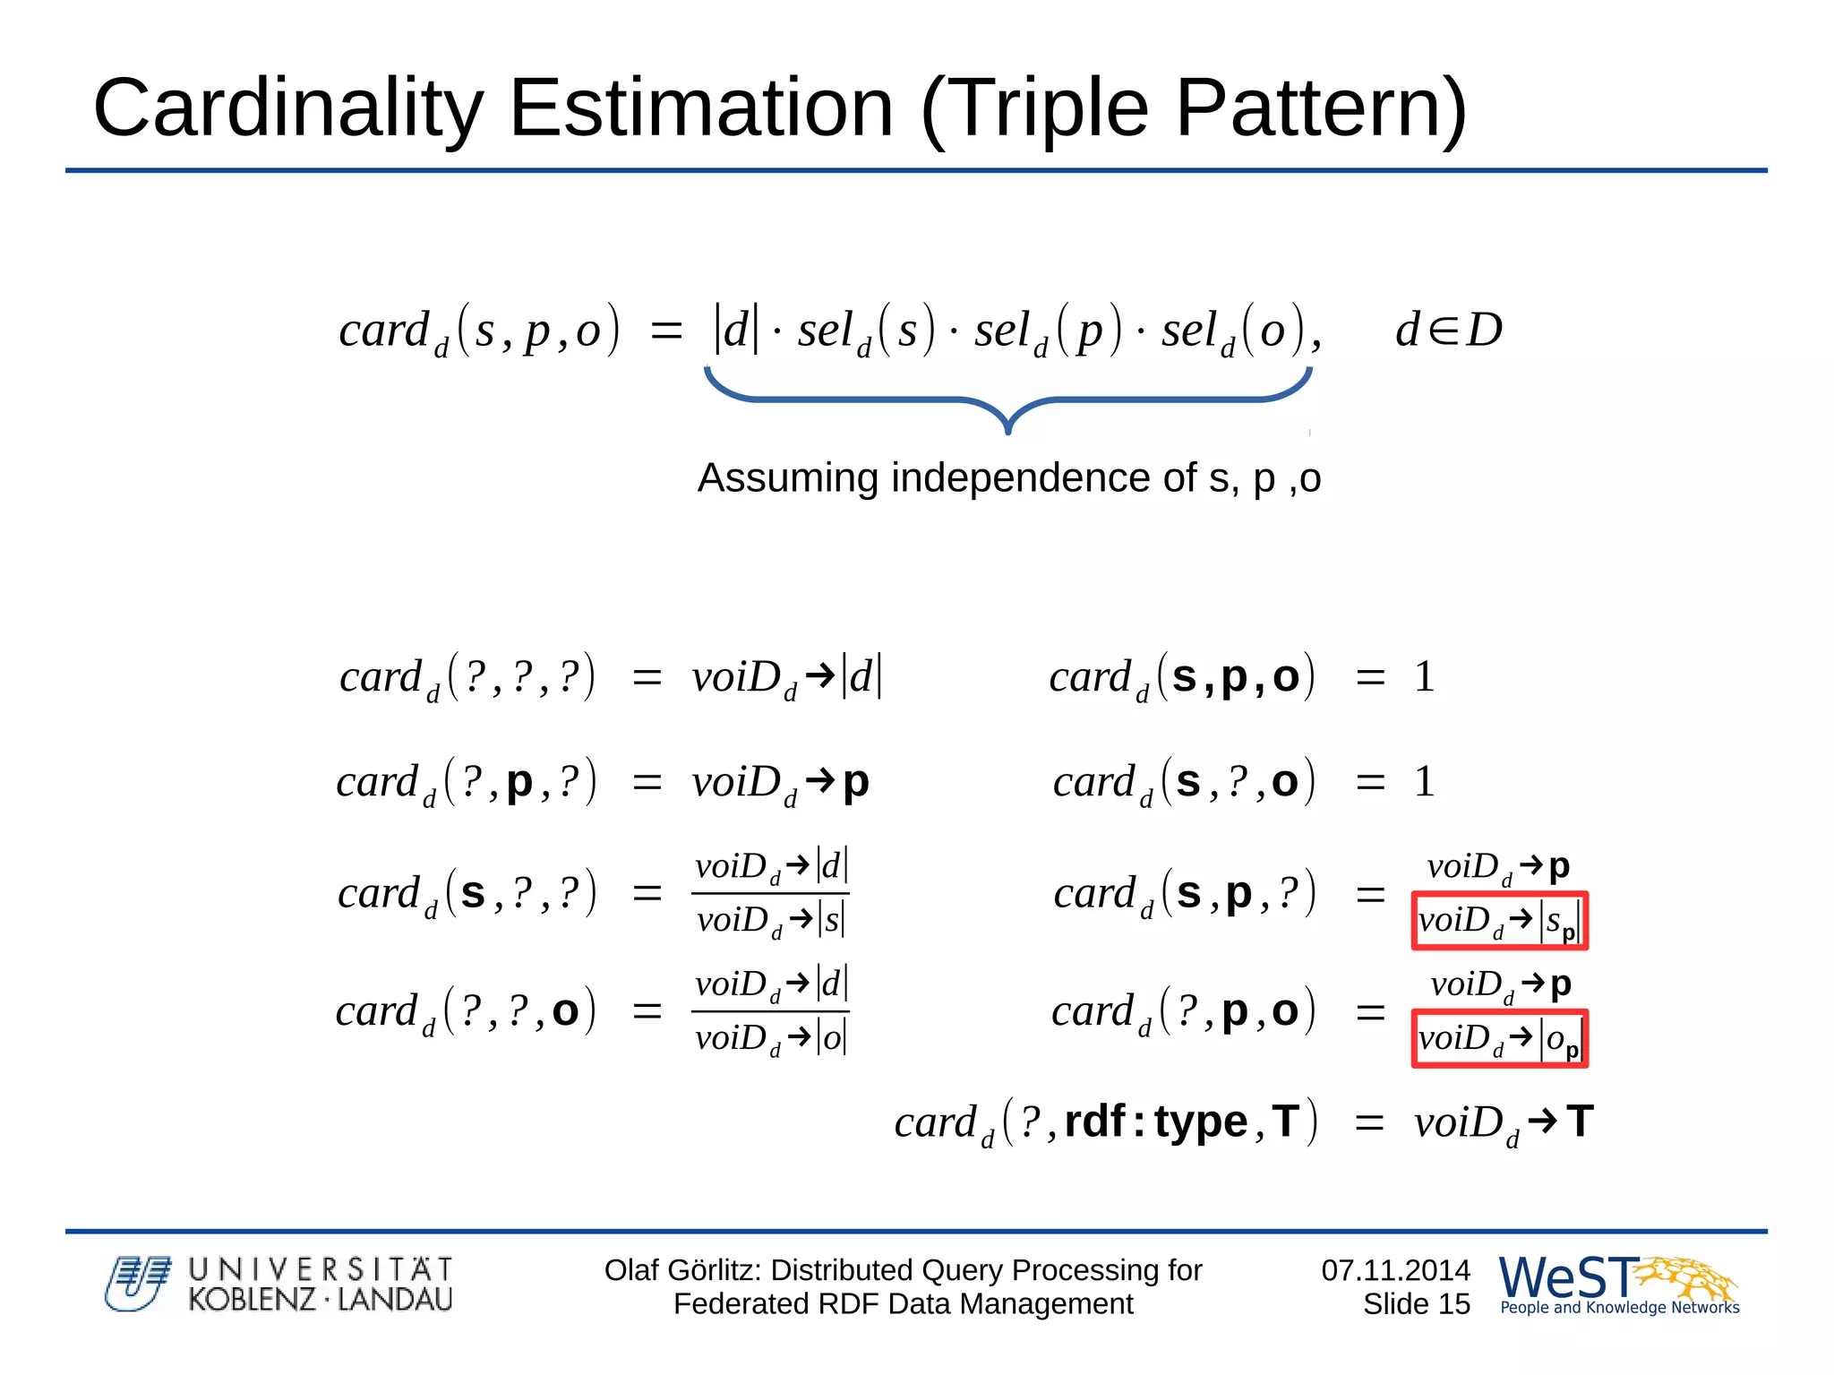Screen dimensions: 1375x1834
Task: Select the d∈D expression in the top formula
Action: [x=1448, y=330]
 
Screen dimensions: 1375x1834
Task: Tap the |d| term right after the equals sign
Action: [x=735, y=330]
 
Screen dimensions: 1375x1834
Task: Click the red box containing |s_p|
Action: [x=1499, y=920]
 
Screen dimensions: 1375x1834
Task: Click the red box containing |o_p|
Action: [x=1499, y=1038]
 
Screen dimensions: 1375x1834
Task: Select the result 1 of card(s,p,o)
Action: [x=1424, y=676]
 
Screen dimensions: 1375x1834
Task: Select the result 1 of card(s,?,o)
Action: [x=1424, y=781]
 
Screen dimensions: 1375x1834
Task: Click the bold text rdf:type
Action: [x=1156, y=1121]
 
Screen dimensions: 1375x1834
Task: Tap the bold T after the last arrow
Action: [x=1580, y=1121]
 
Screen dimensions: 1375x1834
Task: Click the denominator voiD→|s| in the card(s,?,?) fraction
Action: [x=770, y=920]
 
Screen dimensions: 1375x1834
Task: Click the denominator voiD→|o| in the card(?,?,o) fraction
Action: [x=770, y=1038]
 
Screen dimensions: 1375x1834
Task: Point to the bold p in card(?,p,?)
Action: [x=519, y=782]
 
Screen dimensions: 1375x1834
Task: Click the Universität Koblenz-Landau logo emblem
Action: [x=137, y=1284]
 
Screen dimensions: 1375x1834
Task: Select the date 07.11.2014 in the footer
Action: [x=1395, y=1269]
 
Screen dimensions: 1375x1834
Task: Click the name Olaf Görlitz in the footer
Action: [x=681, y=1269]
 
